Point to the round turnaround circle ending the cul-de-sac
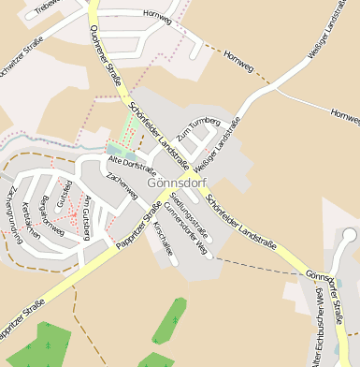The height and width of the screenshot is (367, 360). coord(349,235)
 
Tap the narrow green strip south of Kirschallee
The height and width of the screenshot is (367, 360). coord(169,319)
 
